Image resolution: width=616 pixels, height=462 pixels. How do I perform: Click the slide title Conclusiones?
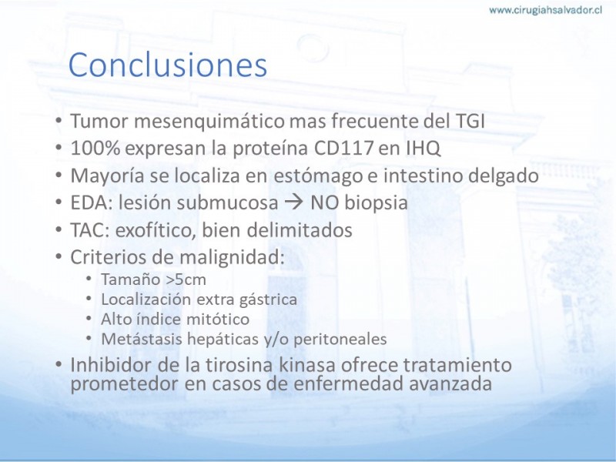point(168,65)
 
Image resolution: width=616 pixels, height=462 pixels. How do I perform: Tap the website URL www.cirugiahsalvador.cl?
point(546,10)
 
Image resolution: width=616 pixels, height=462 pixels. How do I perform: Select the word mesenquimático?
point(209,122)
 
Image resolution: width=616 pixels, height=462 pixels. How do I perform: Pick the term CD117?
point(343,149)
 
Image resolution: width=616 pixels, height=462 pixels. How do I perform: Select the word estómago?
point(318,176)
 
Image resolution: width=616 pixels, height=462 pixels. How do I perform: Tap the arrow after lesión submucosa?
point(293,203)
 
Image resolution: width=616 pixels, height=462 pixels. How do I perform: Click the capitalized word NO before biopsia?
point(324,203)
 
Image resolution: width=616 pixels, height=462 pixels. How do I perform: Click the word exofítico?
point(156,230)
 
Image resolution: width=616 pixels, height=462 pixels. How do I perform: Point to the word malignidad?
point(232,258)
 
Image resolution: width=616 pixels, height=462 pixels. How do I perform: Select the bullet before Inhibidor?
point(59,365)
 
